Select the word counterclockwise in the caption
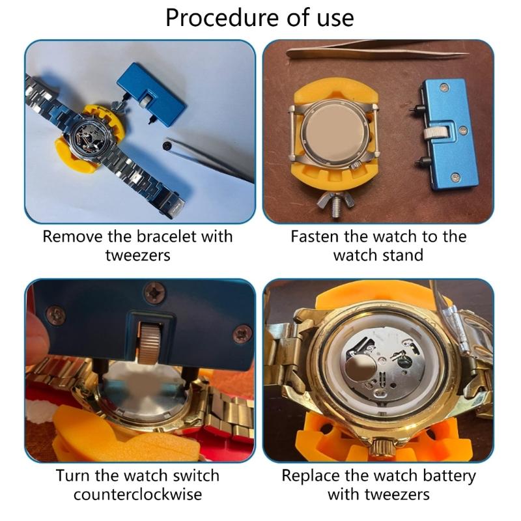(137, 494)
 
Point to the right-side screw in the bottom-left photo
(242, 333)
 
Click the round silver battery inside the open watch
(356, 371)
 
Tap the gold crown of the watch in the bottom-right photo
(380, 449)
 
